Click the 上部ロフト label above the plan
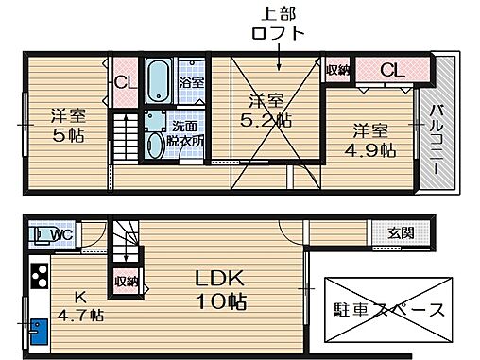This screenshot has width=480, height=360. (x=281, y=25)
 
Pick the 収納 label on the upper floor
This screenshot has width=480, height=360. (x=338, y=69)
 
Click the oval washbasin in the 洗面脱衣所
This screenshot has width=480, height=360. (x=157, y=145)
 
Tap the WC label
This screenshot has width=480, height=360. (x=56, y=234)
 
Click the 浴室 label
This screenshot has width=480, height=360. (x=191, y=82)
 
